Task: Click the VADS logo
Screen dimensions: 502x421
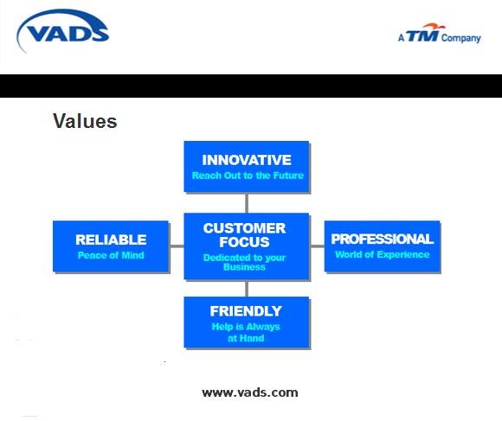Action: click(x=63, y=31)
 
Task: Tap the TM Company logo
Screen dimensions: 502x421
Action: click(x=440, y=33)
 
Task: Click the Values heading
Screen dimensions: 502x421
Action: click(x=85, y=121)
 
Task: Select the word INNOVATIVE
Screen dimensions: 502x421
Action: click(x=247, y=160)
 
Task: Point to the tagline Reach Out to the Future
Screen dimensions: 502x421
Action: click(x=248, y=175)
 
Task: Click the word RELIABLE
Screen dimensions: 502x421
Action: click(x=111, y=239)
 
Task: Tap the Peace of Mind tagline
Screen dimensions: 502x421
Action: click(x=111, y=255)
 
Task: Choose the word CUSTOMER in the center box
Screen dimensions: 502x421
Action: click(x=244, y=228)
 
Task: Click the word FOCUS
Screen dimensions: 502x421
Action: click(x=244, y=242)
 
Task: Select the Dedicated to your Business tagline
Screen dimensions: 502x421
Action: click(x=244, y=262)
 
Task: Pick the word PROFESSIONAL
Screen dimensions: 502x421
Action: click(x=383, y=239)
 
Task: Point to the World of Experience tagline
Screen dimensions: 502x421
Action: click(x=383, y=254)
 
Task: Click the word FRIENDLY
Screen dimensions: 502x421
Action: click(x=246, y=311)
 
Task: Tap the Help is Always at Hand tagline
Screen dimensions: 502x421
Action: click(x=246, y=332)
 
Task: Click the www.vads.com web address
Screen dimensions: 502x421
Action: click(x=250, y=392)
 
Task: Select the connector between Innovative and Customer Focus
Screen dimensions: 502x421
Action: click(x=247, y=203)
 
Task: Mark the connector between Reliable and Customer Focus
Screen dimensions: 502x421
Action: click(x=177, y=246)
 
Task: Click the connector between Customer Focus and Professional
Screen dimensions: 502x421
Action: click(x=318, y=246)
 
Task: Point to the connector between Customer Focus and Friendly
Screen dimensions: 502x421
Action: click(x=247, y=289)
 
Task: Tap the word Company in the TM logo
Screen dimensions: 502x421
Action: click(x=461, y=38)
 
